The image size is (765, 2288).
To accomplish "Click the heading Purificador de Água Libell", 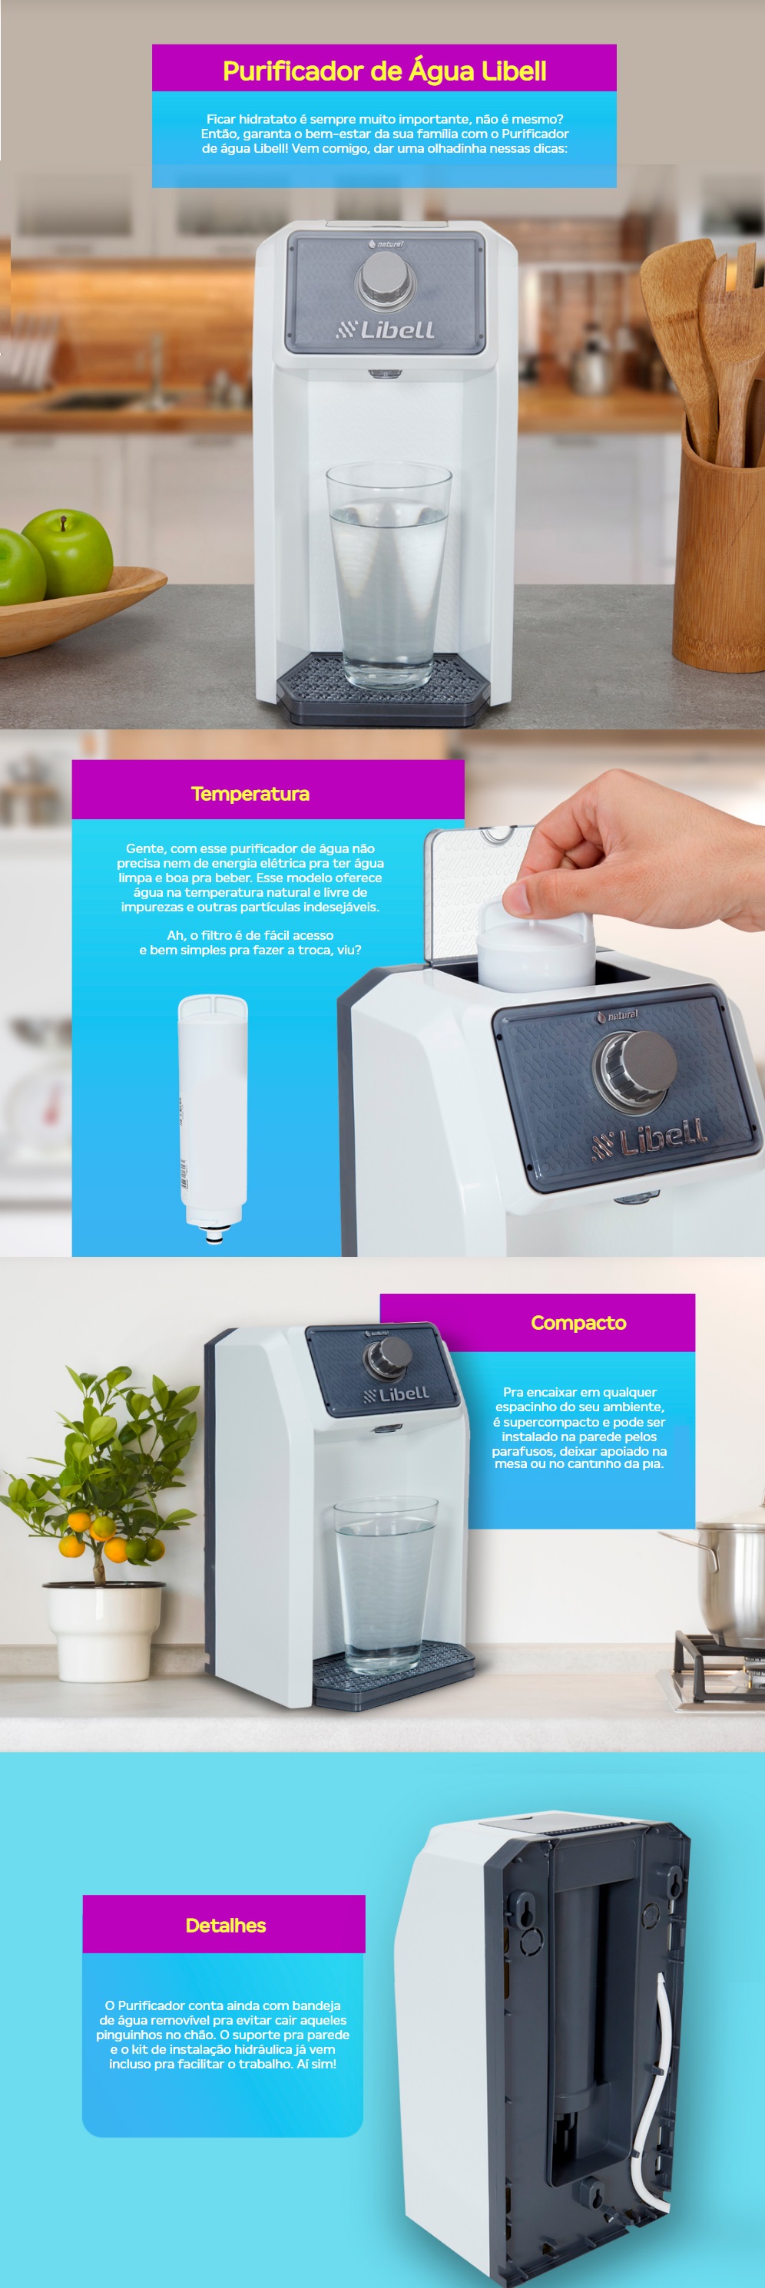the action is (384, 71).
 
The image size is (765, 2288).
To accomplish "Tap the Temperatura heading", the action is (250, 793).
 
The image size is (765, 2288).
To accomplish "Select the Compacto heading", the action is (578, 1323).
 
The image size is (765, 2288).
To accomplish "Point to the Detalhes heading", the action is (226, 1925).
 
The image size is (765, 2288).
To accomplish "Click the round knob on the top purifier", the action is (385, 277).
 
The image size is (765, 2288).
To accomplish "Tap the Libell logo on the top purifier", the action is (385, 329).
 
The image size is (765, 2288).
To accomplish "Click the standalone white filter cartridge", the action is (212, 1116).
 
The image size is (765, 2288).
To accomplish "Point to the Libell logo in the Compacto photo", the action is (397, 1394).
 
